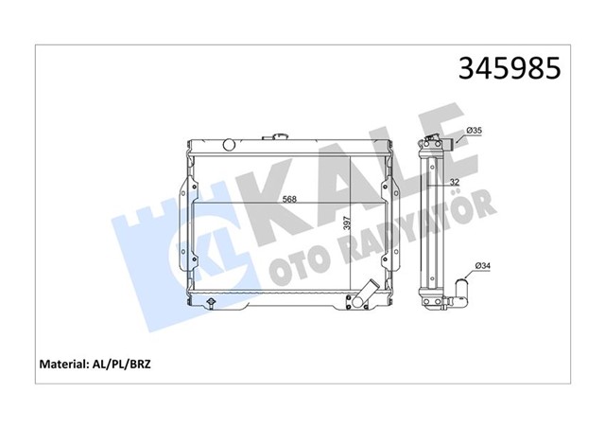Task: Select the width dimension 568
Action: click(x=290, y=199)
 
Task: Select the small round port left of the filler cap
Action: click(x=228, y=144)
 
